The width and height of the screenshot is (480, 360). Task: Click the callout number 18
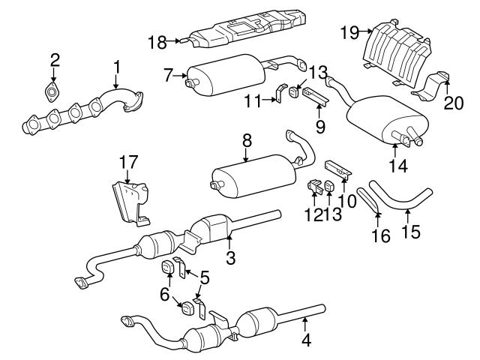click(157, 43)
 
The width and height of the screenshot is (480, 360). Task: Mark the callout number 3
click(230, 259)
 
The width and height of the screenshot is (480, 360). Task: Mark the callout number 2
click(55, 60)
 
